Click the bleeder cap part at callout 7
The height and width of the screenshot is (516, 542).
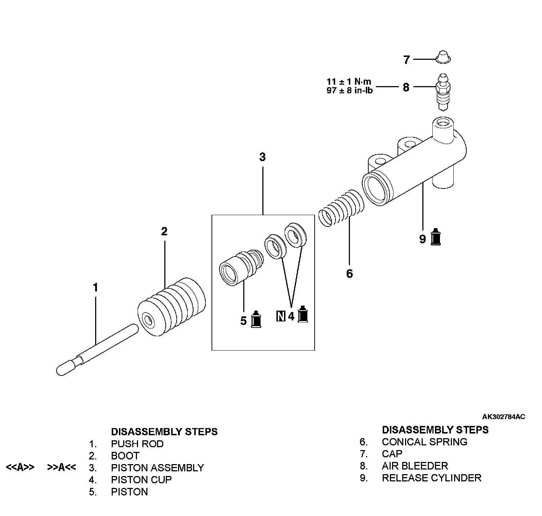[x=443, y=57]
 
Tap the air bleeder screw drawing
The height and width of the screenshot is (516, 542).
[x=443, y=92]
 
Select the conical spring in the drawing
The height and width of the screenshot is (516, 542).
[x=341, y=208]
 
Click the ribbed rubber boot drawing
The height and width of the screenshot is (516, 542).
[x=172, y=307]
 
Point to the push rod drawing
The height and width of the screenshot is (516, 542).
[x=97, y=350]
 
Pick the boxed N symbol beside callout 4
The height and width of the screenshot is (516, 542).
[x=281, y=316]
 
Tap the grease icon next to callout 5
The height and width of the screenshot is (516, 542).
[x=256, y=319]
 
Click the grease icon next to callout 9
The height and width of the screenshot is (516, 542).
[x=436, y=237]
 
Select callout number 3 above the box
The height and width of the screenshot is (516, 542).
[x=262, y=157]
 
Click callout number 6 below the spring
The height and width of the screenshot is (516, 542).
[x=349, y=273]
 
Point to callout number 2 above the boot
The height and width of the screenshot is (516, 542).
[x=164, y=231]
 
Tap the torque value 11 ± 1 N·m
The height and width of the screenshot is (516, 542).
[x=349, y=81]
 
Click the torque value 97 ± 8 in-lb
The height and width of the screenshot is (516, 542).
[x=350, y=90]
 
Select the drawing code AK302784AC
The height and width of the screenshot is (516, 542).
[x=503, y=417]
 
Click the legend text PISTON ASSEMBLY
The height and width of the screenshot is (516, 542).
[x=157, y=468]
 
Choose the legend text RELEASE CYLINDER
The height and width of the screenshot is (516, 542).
[x=431, y=478]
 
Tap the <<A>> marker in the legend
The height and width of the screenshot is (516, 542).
[x=20, y=467]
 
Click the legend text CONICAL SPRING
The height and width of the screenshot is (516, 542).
[x=425, y=442]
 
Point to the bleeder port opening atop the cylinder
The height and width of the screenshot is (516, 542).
[x=443, y=123]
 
